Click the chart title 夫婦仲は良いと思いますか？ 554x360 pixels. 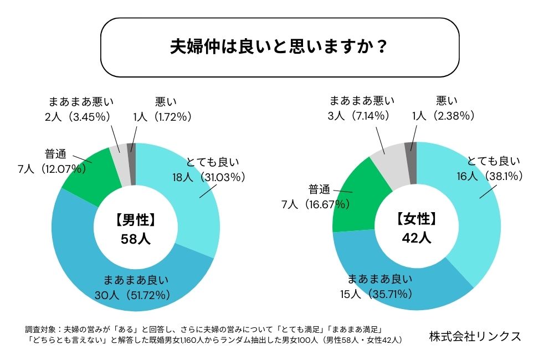[279, 47]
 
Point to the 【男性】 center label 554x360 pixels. [136, 220]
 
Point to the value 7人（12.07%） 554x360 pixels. [52, 169]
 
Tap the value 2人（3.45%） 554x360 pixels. [78, 116]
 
